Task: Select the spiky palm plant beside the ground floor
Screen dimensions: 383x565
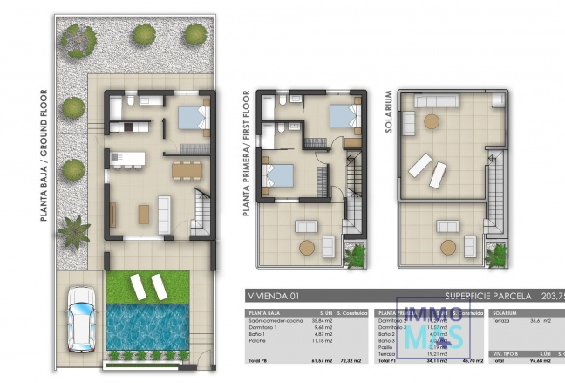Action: [x=73, y=230]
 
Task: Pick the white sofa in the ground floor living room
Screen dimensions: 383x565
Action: [x=164, y=210]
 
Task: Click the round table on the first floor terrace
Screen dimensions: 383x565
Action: [x=307, y=248]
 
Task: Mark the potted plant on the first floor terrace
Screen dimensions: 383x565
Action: [x=356, y=256]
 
